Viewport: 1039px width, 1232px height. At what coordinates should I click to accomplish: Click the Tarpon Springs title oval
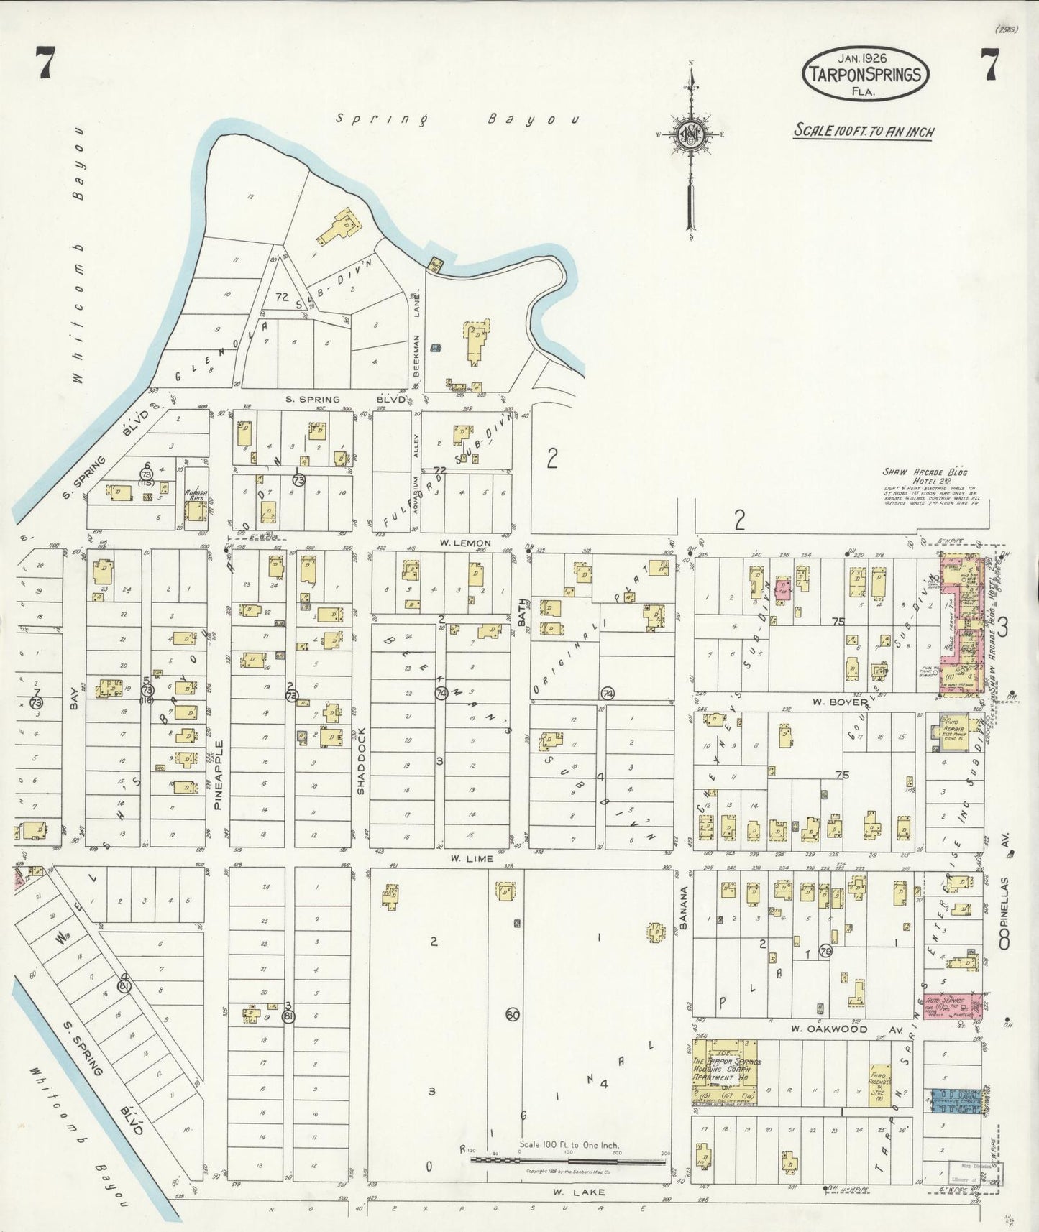(865, 74)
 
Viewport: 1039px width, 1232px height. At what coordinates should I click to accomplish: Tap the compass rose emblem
(690, 135)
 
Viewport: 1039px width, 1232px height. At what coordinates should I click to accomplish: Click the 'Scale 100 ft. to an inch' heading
(864, 131)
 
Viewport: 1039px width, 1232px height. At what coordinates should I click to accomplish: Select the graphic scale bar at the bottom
(568, 1159)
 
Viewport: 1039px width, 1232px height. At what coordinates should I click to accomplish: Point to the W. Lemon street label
(471, 543)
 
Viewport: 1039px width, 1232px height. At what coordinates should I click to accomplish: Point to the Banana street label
(684, 908)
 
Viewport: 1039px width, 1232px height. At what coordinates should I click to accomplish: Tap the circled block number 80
(512, 1015)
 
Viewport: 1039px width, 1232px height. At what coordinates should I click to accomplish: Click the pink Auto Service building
(953, 1005)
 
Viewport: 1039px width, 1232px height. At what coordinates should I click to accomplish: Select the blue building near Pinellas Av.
(954, 1101)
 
